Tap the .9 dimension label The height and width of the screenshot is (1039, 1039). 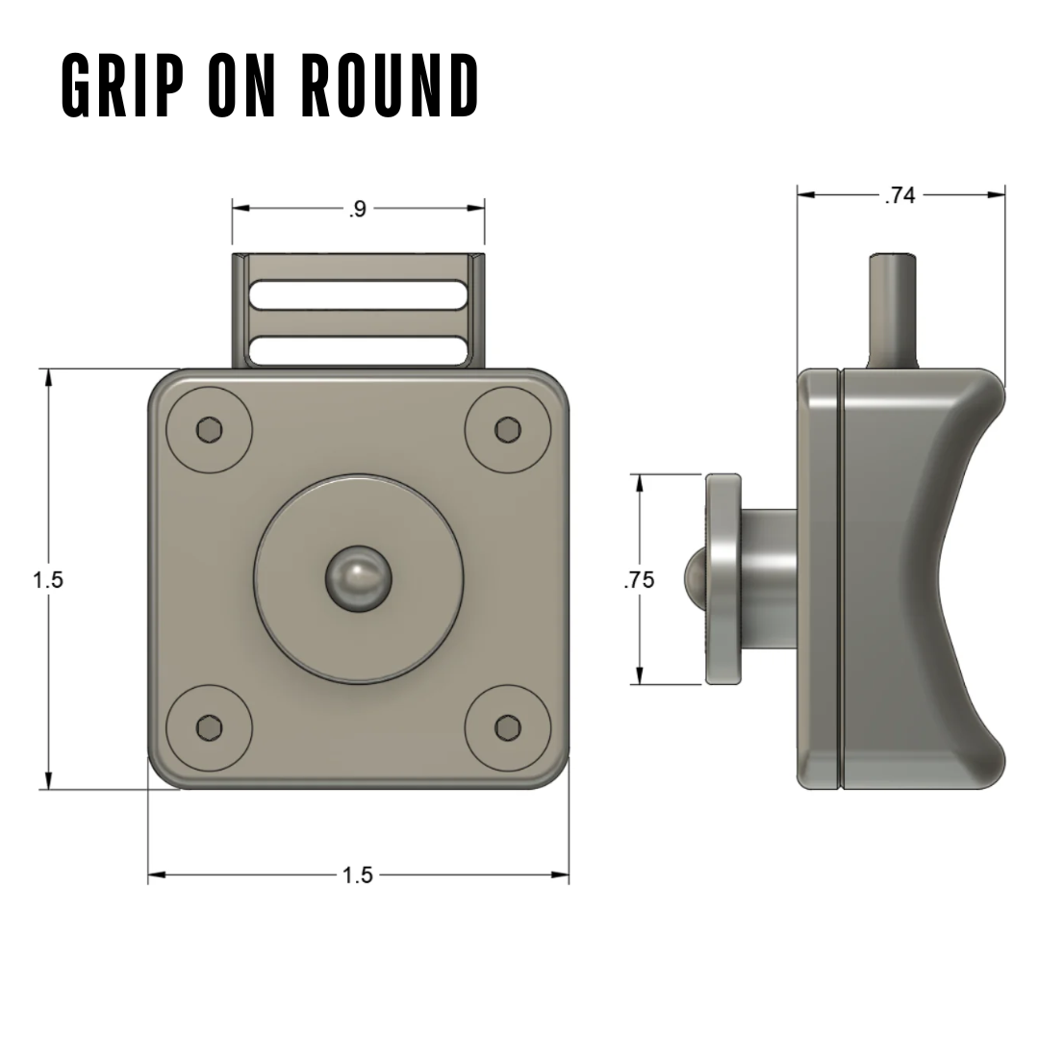[x=358, y=209]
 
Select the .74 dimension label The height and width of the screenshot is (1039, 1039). [x=900, y=195]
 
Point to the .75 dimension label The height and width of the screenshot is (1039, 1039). [x=639, y=580]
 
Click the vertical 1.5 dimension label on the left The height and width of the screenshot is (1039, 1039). [x=47, y=580]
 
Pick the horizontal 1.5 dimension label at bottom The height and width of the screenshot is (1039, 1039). [x=357, y=875]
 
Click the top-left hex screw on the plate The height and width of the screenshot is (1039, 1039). [x=210, y=430]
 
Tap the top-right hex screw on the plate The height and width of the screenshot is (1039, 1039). [x=507, y=430]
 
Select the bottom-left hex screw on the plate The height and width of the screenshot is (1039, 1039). [x=210, y=728]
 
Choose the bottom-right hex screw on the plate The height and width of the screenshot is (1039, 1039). [x=507, y=728]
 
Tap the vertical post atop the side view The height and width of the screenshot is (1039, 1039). [x=892, y=308]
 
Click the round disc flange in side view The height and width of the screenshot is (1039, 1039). [x=722, y=579]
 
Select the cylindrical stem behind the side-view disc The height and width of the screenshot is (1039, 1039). [x=768, y=579]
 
